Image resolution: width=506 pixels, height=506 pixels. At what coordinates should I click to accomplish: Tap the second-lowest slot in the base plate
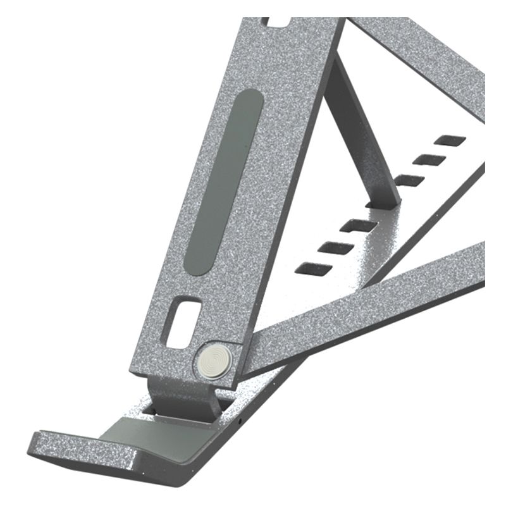(x=335, y=247)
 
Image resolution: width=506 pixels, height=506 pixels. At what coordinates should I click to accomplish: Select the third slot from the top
(x=409, y=180)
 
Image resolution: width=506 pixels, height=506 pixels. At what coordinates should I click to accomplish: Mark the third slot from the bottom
(x=358, y=225)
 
